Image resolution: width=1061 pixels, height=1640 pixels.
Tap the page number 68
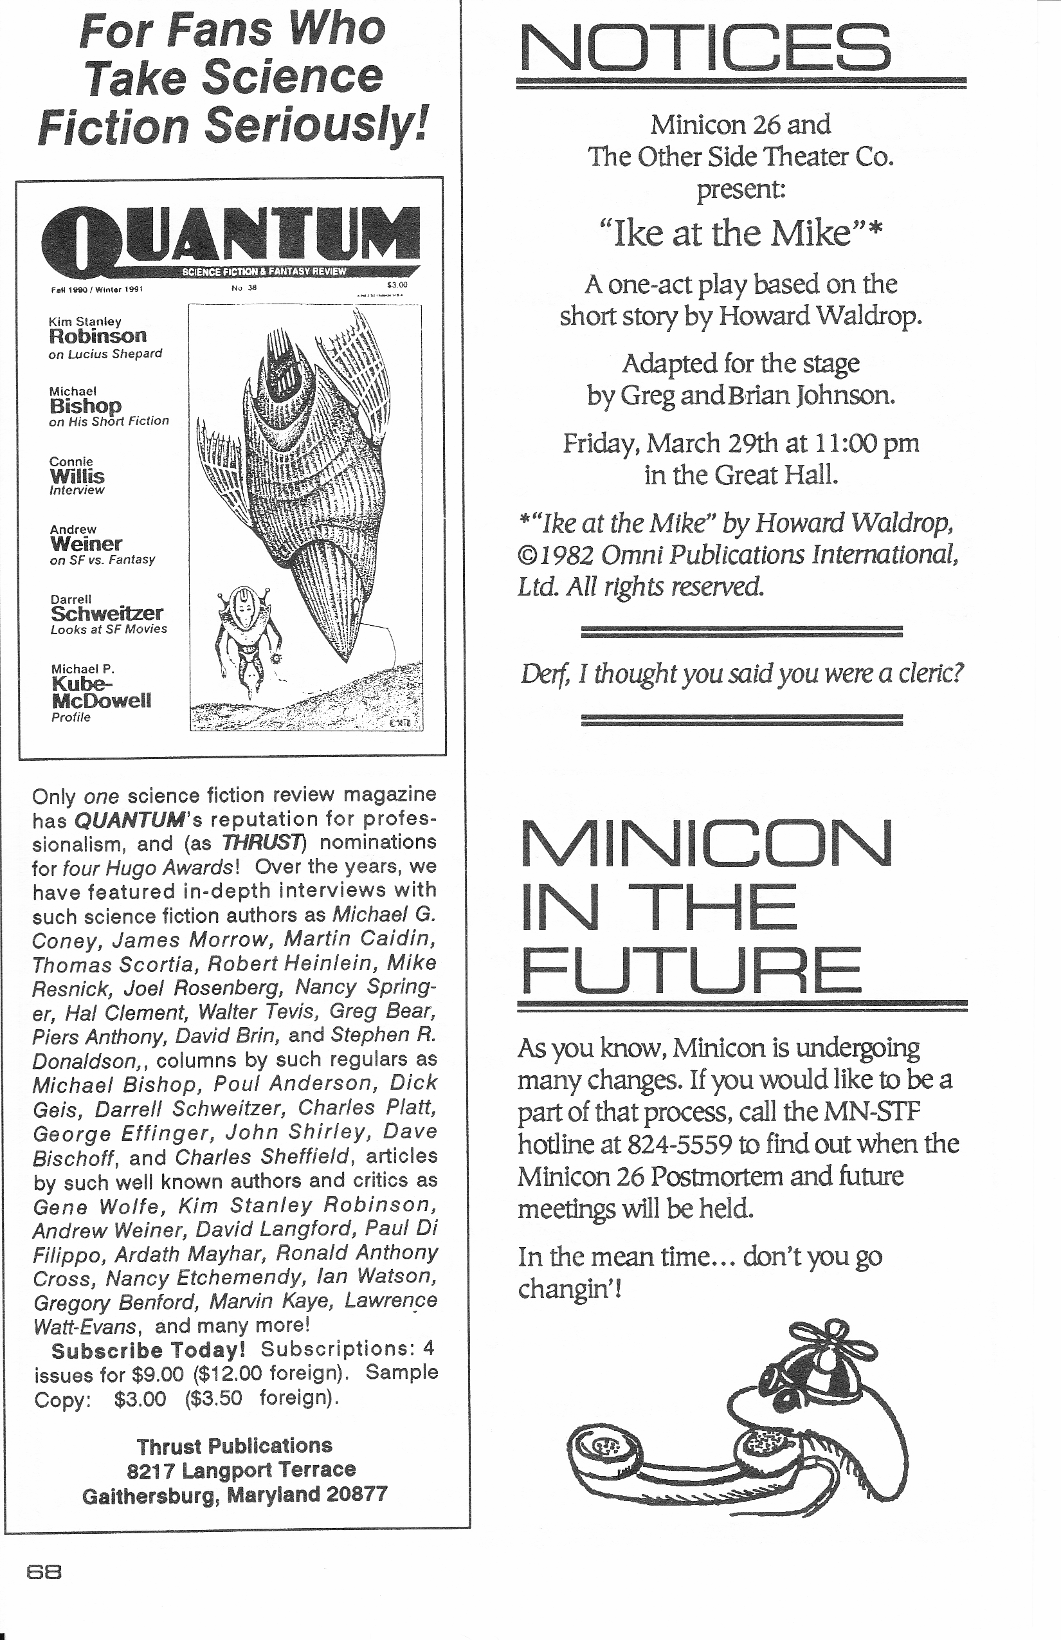coord(44,1572)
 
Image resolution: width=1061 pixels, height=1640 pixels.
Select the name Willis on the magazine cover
coord(77,476)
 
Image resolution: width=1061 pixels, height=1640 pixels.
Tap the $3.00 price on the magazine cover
coord(397,284)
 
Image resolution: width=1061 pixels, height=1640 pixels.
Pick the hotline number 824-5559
coord(678,1145)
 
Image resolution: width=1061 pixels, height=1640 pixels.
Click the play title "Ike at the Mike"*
coord(740,233)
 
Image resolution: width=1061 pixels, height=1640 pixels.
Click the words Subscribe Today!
coord(148,1350)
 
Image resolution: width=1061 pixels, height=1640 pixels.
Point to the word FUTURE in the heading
coord(691,970)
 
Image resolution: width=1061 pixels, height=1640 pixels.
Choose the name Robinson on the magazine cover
coord(97,336)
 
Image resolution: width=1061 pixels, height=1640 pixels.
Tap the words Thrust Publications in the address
coord(234,1445)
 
